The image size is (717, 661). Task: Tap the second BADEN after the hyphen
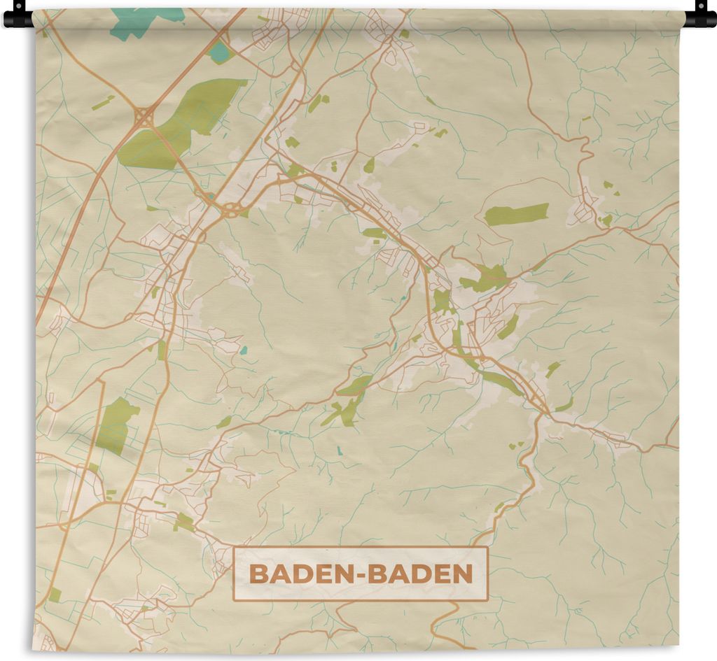(420, 574)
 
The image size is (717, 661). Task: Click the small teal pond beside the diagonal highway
(220, 52)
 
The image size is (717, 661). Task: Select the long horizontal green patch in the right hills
(517, 214)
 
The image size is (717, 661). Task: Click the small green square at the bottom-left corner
(55, 594)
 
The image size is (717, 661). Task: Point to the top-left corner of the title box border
(235, 548)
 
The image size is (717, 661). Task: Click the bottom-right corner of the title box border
(487, 600)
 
